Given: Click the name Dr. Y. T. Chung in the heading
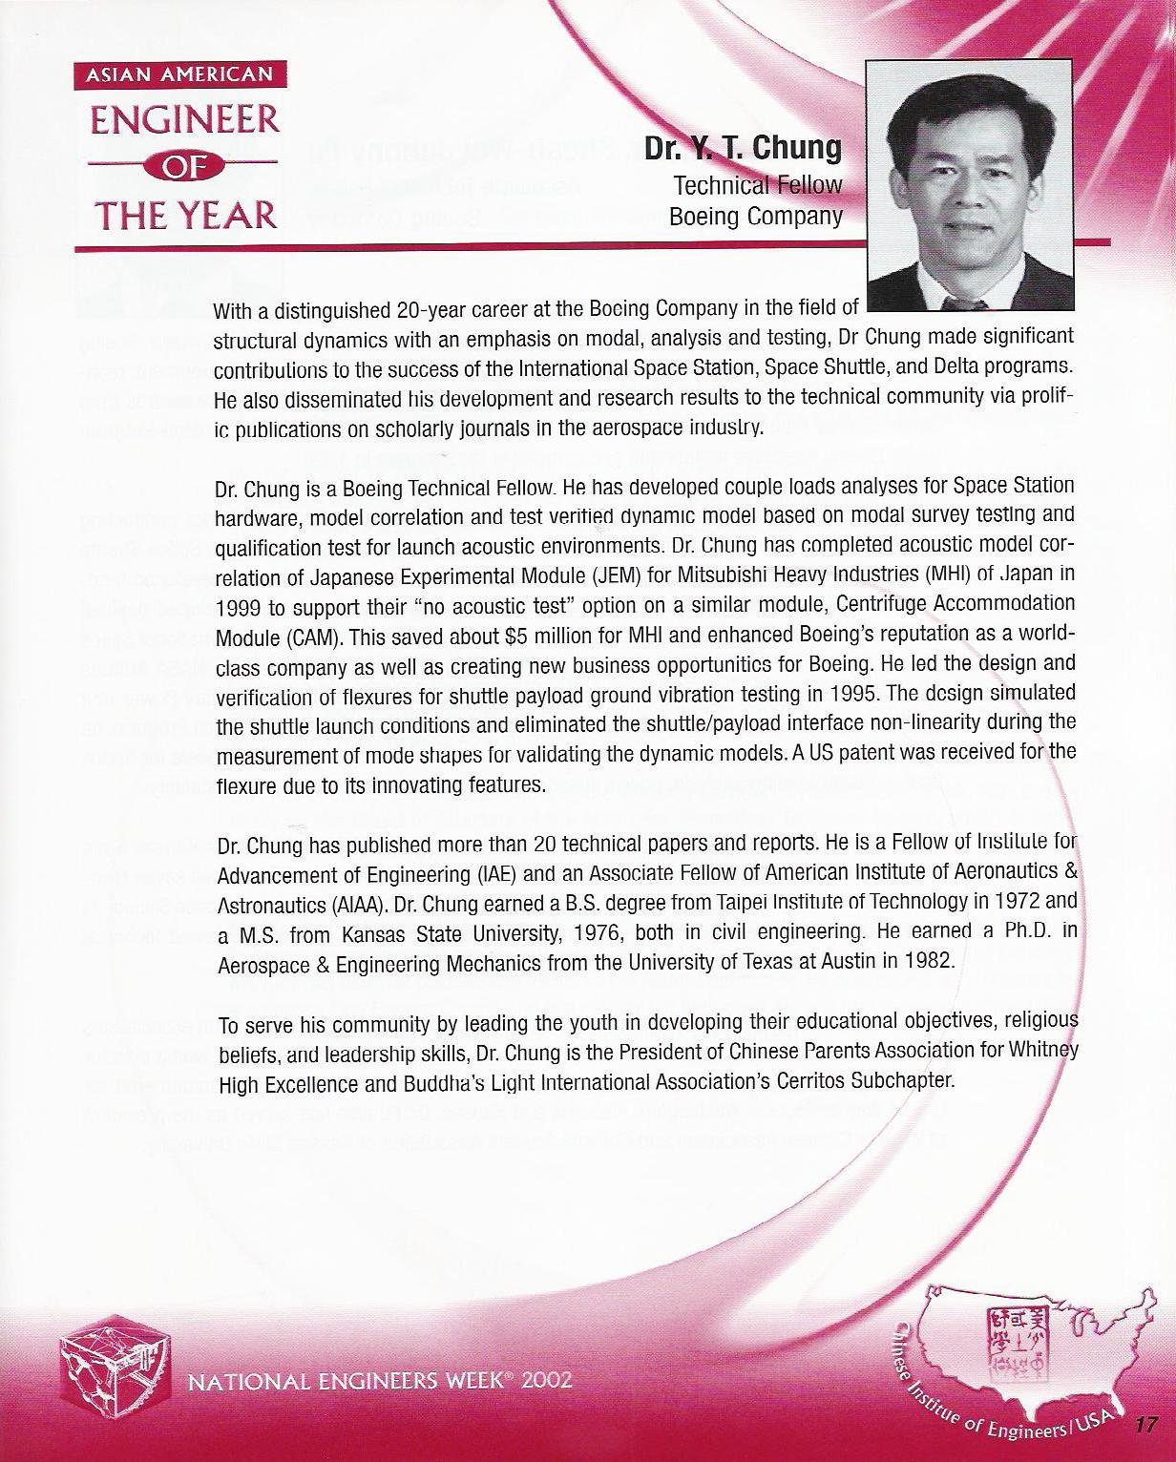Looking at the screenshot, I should pyautogui.click(x=744, y=149).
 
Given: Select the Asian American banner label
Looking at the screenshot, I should pyautogui.click(x=179, y=75).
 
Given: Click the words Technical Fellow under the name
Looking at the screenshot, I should pyautogui.click(x=758, y=185).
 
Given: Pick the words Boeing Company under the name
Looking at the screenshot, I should pyautogui.click(x=755, y=217).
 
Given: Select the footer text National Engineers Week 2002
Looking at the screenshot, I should pyautogui.click(x=380, y=1381).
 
